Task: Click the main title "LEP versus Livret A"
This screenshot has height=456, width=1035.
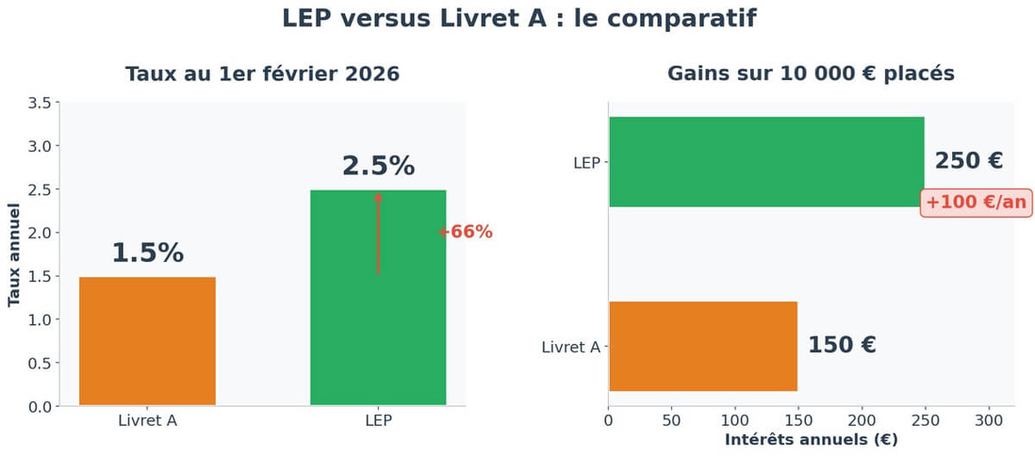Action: [518, 19]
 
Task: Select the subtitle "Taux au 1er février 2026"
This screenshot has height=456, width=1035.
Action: [262, 74]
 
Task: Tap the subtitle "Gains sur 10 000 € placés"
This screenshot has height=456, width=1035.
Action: [811, 74]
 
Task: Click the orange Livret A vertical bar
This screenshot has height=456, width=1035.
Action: [147, 341]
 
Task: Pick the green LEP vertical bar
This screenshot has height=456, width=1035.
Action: [377, 320]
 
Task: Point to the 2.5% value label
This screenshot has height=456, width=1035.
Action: [378, 166]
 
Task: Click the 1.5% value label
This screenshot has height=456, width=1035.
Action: [147, 253]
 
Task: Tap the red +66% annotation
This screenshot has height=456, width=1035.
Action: [466, 233]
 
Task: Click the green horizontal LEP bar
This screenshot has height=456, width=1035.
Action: [765, 162]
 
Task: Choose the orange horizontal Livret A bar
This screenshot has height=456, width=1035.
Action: [702, 346]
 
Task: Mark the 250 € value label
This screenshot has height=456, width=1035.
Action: [968, 161]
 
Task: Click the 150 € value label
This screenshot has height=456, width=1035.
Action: [842, 346]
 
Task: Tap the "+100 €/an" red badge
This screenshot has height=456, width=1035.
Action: [976, 203]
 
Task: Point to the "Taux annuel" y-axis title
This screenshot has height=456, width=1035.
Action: [14, 254]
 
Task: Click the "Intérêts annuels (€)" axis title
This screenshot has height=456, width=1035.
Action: [811, 439]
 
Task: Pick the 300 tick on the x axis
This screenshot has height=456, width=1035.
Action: [989, 419]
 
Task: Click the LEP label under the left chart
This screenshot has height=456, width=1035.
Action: [378, 421]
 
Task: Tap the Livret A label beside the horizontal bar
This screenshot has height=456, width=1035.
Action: [571, 348]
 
